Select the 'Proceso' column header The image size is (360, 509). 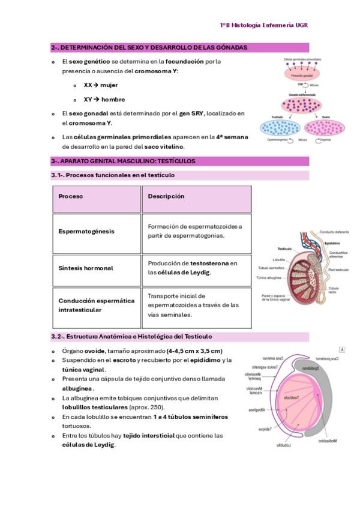[x=71, y=196]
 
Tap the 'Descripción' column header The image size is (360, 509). [x=166, y=196]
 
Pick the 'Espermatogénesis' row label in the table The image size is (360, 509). [x=86, y=231]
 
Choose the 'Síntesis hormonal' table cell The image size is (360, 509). [x=86, y=268]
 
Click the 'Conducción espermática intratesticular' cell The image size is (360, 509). [x=97, y=305]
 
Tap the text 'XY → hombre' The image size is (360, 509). [x=104, y=100]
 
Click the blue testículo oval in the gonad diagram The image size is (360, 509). [x=277, y=127]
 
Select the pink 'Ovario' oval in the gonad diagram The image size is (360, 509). [x=324, y=127]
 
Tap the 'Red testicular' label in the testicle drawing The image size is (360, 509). [x=340, y=270]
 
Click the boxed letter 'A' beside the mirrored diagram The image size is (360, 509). [x=342, y=349]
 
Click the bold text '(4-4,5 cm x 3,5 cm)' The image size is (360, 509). [x=195, y=351]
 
